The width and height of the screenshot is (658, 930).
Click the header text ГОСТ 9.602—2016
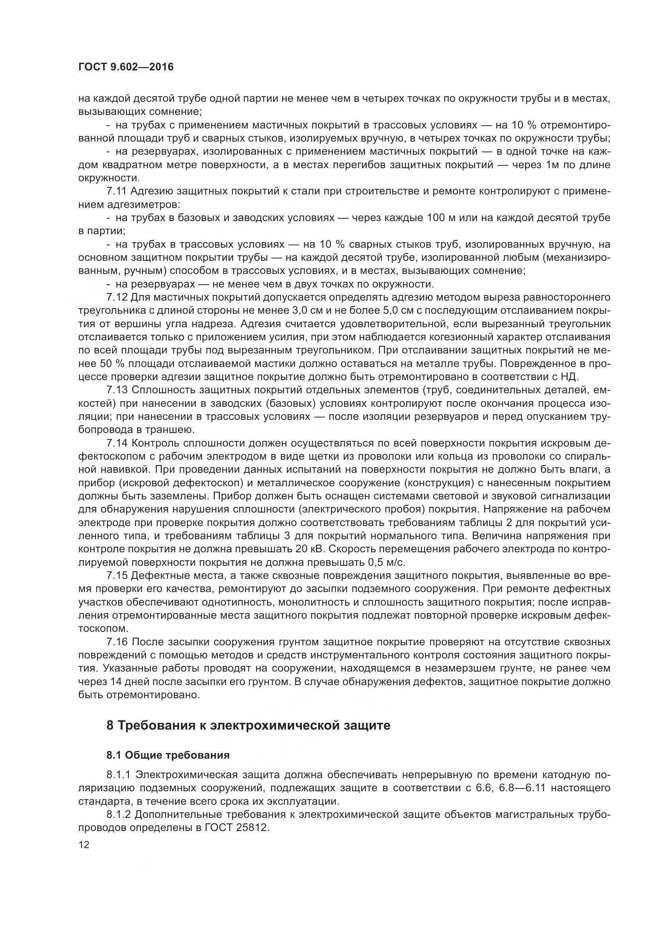click(x=126, y=67)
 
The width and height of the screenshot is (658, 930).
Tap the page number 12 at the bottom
click(x=84, y=845)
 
